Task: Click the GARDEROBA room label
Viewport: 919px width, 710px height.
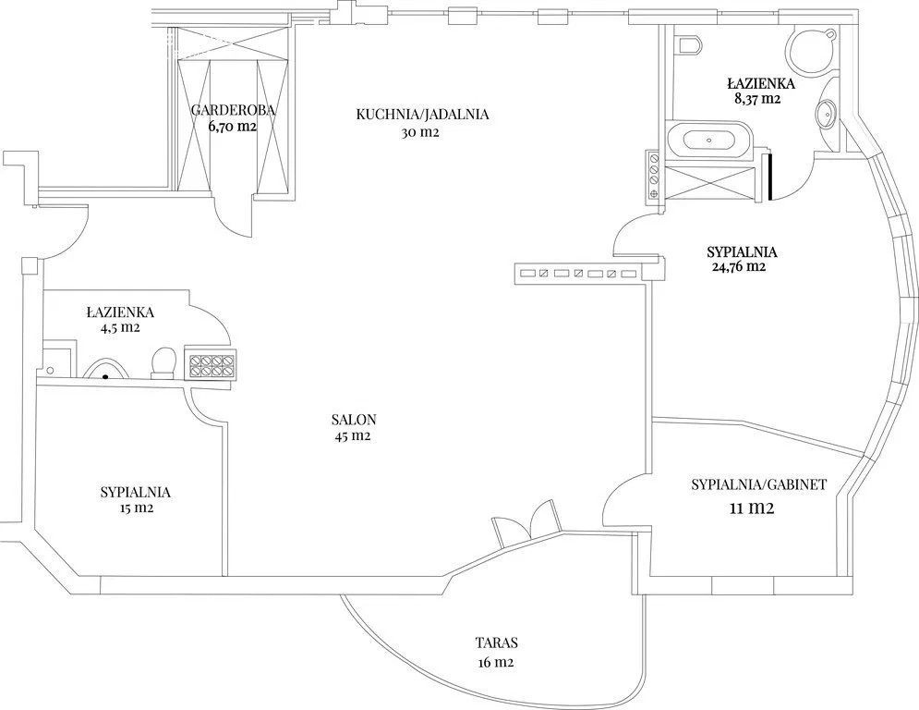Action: (x=234, y=110)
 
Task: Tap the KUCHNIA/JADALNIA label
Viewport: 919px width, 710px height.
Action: (x=422, y=115)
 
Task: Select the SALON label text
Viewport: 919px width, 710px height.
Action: (x=354, y=420)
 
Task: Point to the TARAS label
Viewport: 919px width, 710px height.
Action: (x=496, y=643)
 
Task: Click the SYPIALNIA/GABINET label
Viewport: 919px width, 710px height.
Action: (x=759, y=484)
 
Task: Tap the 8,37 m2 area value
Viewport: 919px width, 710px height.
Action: (x=757, y=99)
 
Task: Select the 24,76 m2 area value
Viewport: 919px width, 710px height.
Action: (x=737, y=267)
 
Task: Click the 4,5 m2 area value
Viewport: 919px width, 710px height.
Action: (x=120, y=327)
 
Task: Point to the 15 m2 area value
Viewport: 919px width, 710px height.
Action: (x=136, y=508)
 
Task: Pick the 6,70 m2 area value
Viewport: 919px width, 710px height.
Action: (x=233, y=126)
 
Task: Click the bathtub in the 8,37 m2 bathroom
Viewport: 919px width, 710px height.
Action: (x=708, y=141)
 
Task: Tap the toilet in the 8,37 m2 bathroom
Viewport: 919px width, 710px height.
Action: (x=688, y=43)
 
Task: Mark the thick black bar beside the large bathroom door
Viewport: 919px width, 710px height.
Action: (x=768, y=176)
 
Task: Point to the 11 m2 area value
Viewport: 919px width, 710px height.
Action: (x=752, y=508)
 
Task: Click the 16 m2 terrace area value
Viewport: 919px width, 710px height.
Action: (x=496, y=663)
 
